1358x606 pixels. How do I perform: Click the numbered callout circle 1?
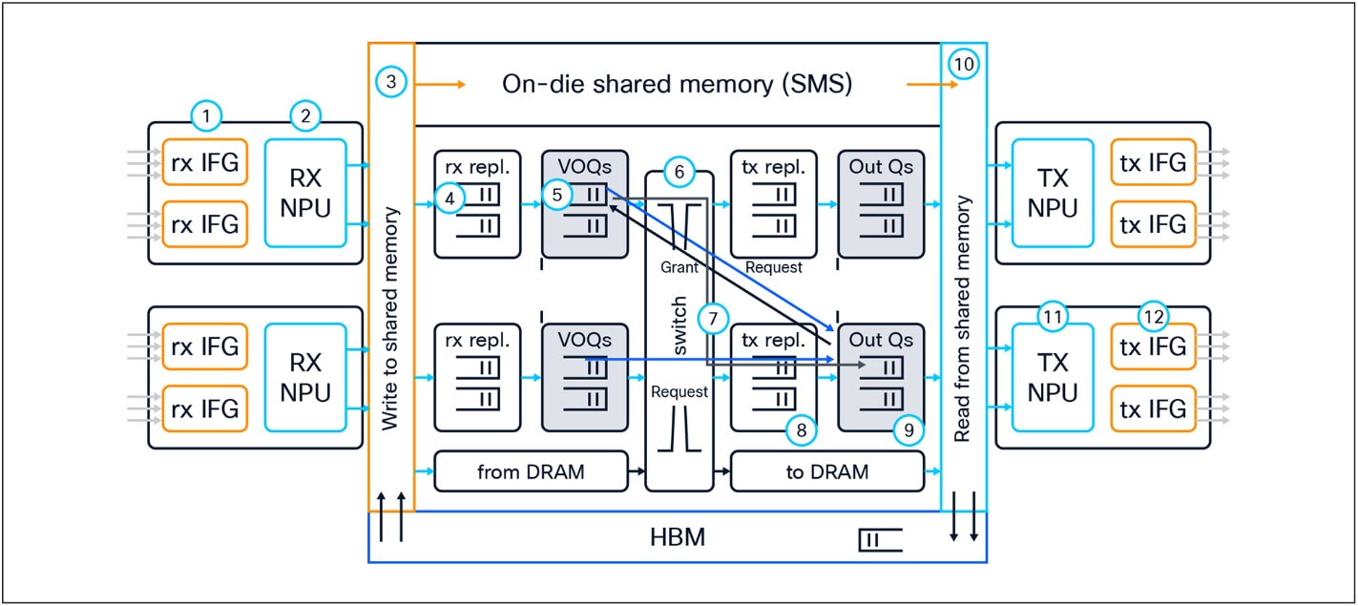[206, 116]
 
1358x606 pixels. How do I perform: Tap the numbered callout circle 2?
[305, 116]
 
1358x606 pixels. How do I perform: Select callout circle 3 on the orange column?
[390, 82]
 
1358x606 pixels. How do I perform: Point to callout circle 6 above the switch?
[679, 173]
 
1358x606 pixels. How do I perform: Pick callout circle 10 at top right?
[965, 64]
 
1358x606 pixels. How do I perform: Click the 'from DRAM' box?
[531, 471]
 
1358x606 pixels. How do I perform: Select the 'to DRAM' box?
[826, 471]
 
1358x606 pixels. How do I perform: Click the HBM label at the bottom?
[677, 537]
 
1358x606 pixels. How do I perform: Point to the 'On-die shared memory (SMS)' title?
[677, 84]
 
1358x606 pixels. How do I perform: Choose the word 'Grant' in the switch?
[679, 268]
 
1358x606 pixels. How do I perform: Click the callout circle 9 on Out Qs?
[909, 431]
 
